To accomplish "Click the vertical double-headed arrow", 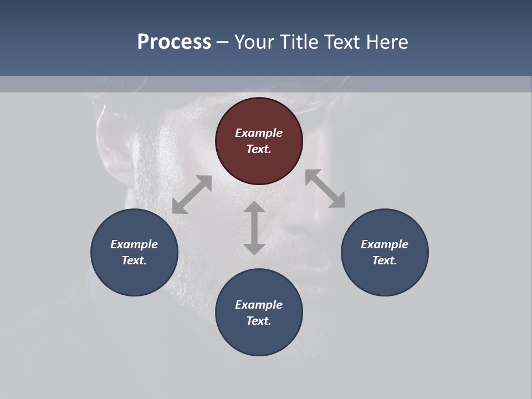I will tap(254, 228).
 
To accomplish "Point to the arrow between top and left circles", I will tap(192, 195).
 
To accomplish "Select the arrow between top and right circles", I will tap(325, 188).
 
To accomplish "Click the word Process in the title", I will tap(174, 42).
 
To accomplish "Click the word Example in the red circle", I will tap(259, 133).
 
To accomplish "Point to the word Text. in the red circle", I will tap(259, 149).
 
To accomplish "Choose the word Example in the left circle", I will tap(134, 244).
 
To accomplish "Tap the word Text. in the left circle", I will tap(134, 260).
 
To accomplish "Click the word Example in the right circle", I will tap(385, 244).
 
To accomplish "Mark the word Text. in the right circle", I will tap(385, 260).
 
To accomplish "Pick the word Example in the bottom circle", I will tap(259, 305).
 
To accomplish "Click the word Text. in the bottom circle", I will tap(259, 321).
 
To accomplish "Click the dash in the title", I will tap(222, 42).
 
